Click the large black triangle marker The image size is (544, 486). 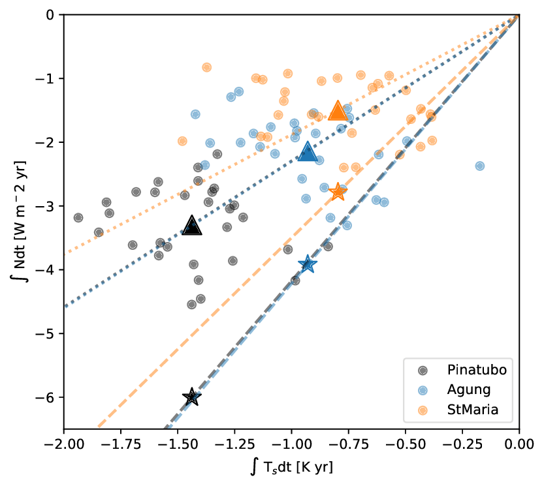pos(192,226)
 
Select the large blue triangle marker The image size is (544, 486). pos(308,153)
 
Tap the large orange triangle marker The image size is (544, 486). pos(338,111)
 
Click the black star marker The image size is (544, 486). pos(192,397)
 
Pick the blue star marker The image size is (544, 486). pos(308,264)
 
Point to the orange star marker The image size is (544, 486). pos(338,192)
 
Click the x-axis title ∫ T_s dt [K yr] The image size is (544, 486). pos(291,468)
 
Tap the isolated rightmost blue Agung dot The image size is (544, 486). pos(480,166)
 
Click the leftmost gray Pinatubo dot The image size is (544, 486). pos(78,217)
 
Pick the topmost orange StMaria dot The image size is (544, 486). pos(207,67)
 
